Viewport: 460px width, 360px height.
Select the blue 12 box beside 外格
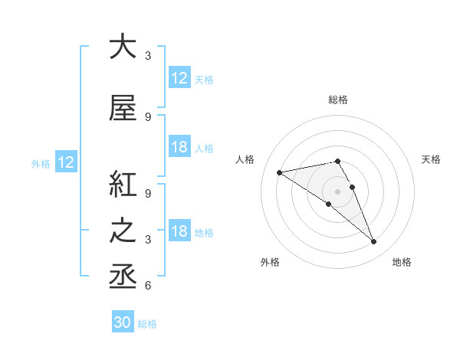(x=65, y=162)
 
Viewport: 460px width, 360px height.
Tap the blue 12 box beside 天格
(x=179, y=78)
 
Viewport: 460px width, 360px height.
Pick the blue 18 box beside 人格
(x=179, y=147)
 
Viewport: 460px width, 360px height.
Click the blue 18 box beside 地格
(x=179, y=231)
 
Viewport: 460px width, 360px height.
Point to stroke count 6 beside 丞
(x=148, y=286)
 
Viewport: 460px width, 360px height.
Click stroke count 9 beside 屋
(x=148, y=116)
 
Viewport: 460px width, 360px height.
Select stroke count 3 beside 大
(x=148, y=56)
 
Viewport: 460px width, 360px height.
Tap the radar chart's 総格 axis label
(x=338, y=100)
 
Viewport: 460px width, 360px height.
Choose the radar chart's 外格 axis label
(x=270, y=262)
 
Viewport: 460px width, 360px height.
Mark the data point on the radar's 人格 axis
(x=280, y=172)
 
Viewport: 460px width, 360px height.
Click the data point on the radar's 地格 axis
(x=374, y=242)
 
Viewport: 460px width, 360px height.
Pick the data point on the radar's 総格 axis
(x=338, y=161)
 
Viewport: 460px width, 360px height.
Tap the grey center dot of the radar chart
(x=338, y=190)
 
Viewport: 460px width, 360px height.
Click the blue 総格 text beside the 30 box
(x=148, y=323)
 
